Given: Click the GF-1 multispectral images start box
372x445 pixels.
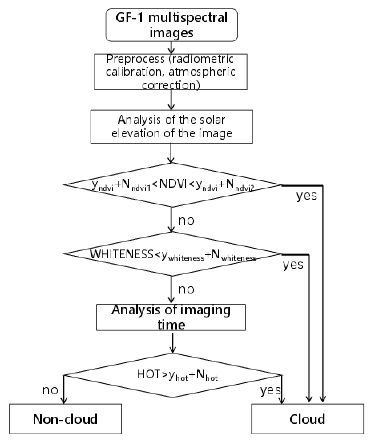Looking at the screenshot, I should coord(171,25).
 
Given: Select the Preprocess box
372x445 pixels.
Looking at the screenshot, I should coord(170,72).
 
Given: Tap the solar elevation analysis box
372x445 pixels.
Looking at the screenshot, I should coord(172,127).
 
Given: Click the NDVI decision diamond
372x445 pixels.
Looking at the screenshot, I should coord(173,185).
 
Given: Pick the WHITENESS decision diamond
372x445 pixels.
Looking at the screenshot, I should coord(173,254).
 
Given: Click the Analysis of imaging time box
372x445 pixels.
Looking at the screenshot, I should coord(171,317).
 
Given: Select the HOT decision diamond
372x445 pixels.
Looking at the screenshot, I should coord(173,375).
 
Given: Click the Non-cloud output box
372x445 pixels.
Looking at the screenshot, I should coord(65,419).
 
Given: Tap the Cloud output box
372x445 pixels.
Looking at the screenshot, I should coord(307,419).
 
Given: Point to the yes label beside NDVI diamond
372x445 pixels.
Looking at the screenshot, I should coord(306,196).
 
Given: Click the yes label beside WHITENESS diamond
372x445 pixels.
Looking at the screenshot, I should coord(293,265).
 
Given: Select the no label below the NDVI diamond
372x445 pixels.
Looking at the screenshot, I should coord(187,220).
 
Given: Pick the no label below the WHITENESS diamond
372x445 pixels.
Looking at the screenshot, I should coord(187,289).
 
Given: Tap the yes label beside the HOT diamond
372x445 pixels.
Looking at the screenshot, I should coord(270,390).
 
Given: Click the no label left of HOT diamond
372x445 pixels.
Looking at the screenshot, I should coord(50,390).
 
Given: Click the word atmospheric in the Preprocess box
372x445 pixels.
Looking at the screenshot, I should coord(202,72).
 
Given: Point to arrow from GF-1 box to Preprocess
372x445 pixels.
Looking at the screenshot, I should coord(171,48).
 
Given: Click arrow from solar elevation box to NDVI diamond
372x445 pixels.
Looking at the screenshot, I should coord(171,153).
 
